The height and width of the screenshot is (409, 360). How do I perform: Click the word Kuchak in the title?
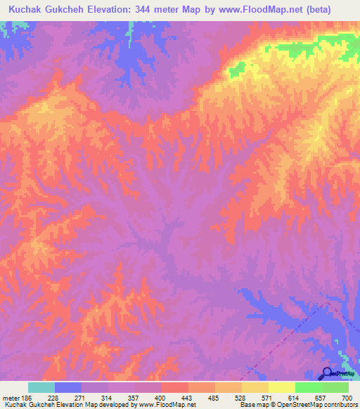[x=27, y=11]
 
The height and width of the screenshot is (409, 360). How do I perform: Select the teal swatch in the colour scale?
[x=41, y=387]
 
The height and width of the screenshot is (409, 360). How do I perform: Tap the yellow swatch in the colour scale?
[x=281, y=387]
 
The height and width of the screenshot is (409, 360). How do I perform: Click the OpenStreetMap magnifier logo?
[x=327, y=373]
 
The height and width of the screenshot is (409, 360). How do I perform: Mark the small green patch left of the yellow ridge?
[x=237, y=68]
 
